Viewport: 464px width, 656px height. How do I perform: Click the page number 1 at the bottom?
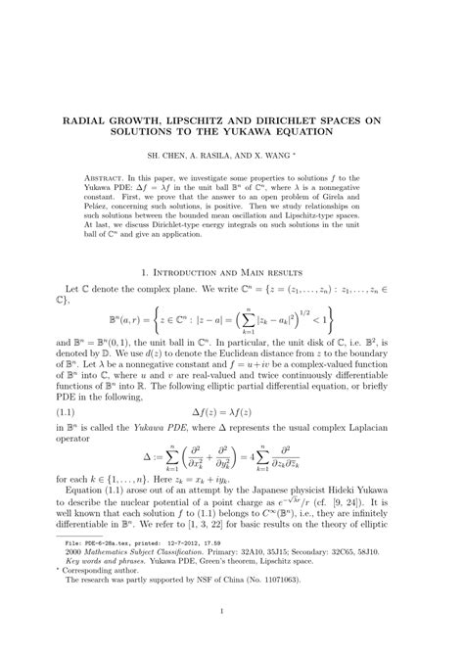pyautogui.click(x=231, y=641)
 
